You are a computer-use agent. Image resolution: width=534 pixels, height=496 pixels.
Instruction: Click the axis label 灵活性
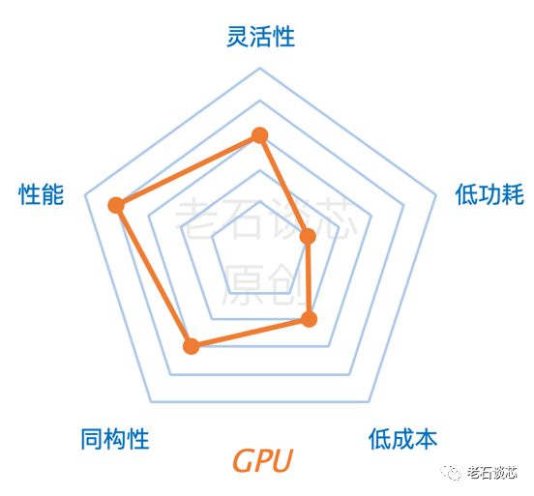(x=260, y=37)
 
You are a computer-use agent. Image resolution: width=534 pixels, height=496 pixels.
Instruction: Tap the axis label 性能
(x=42, y=194)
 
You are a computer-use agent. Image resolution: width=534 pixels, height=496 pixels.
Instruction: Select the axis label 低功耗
(x=489, y=194)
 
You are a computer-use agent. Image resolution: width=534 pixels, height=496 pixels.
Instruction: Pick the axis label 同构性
(x=115, y=439)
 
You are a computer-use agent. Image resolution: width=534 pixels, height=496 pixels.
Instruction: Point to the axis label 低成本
(x=402, y=439)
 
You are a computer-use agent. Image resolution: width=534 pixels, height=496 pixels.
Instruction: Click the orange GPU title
(x=262, y=460)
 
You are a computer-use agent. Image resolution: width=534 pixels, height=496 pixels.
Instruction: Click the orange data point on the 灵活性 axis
(x=260, y=135)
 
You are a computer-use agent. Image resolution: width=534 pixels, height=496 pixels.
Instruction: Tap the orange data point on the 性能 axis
(x=116, y=206)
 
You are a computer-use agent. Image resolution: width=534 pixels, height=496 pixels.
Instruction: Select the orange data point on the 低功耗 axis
(x=308, y=236)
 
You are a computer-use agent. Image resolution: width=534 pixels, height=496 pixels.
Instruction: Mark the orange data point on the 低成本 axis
(x=309, y=319)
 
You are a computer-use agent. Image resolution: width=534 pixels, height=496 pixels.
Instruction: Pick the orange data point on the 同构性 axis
(x=191, y=346)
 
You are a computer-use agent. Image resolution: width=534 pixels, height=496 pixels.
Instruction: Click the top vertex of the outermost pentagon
(x=260, y=68)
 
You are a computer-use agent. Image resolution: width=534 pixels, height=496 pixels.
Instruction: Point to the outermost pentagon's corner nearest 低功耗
(x=436, y=195)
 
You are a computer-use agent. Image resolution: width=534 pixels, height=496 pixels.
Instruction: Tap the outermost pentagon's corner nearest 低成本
(x=370, y=401)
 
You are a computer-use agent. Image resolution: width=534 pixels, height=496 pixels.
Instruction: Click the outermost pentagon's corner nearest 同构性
(x=151, y=401)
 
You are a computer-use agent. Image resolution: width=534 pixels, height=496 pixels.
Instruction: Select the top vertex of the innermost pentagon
(x=260, y=201)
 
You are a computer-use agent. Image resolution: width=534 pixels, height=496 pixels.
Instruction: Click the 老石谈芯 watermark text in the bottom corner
(x=492, y=473)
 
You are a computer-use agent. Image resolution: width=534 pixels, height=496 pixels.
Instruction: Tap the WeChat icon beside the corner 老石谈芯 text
(x=451, y=473)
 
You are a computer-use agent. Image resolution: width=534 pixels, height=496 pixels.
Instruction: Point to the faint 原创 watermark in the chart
(x=262, y=284)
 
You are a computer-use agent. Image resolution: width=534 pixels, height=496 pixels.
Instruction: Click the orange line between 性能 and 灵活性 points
(x=188, y=170)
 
